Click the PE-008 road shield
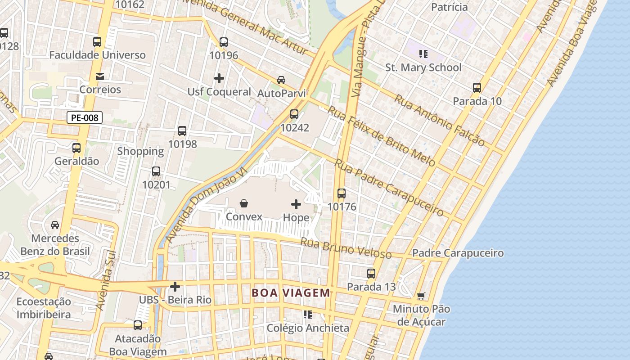click(85, 118)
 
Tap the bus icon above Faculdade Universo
click(97, 42)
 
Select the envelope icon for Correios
click(100, 76)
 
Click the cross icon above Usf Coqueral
click(219, 78)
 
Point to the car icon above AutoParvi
click(281, 80)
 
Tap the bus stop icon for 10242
click(294, 114)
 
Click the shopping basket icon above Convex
click(244, 203)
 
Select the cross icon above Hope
click(296, 204)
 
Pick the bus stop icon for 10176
click(342, 193)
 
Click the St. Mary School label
click(423, 67)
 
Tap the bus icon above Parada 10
click(477, 88)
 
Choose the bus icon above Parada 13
click(371, 274)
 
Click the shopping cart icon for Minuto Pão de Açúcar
click(421, 296)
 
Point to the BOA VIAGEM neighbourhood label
click(291, 293)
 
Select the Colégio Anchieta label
click(308, 328)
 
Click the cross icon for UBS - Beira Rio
click(175, 286)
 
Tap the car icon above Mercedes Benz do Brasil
click(55, 225)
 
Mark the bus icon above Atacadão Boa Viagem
click(138, 325)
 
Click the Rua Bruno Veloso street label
click(346, 248)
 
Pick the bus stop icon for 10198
click(182, 131)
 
